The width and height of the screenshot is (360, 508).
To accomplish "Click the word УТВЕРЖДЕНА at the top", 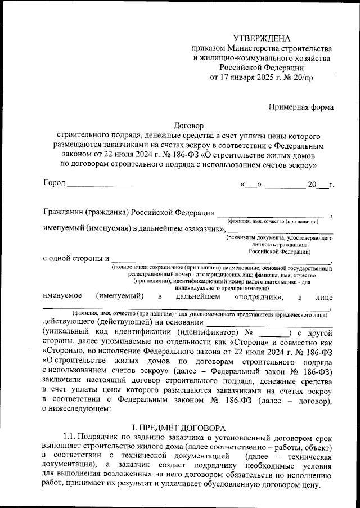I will tap(262, 38).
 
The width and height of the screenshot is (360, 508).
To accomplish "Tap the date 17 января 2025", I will tap(250, 78).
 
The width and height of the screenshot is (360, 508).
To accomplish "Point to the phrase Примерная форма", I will tap(301, 107).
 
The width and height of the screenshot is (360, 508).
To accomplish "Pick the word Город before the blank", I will tap(54, 183).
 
